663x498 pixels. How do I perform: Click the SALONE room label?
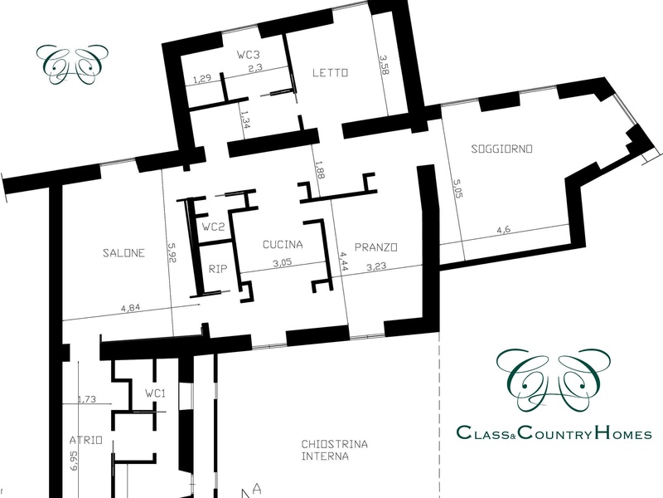123,253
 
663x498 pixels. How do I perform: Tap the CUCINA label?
283,244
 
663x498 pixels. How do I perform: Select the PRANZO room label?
375,247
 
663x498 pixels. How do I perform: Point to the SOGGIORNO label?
501,149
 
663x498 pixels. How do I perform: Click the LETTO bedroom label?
330,73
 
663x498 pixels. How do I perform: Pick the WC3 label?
248,55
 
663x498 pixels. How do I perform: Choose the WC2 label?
213,227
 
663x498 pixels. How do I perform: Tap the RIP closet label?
218,269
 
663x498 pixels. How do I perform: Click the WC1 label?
155,393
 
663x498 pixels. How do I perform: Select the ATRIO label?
86,441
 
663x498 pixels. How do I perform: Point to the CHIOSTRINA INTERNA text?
334,450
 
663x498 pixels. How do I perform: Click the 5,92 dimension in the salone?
172,253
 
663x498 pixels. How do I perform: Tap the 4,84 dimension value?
130,308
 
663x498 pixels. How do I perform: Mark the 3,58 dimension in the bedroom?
384,65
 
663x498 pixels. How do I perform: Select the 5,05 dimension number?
457,188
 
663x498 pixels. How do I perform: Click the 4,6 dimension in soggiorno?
503,230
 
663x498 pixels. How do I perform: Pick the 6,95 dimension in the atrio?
75,461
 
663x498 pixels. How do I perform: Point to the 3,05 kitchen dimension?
282,263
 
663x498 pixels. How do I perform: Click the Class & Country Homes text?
554,432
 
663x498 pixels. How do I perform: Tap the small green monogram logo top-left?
72,64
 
